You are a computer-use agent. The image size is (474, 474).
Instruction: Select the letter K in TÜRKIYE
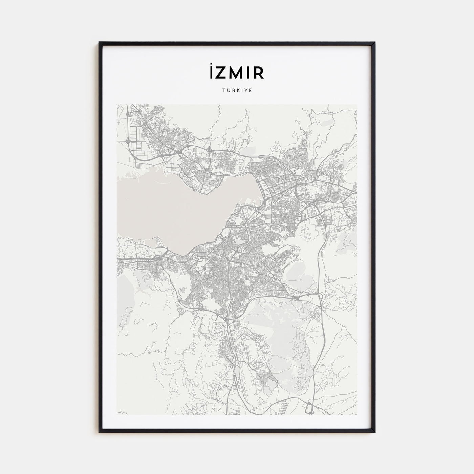(x=238, y=91)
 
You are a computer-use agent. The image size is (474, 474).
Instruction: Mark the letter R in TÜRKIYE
(x=233, y=91)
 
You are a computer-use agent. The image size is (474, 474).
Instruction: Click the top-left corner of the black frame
(x=100, y=42)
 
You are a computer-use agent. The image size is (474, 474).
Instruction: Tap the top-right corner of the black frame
(x=374, y=42)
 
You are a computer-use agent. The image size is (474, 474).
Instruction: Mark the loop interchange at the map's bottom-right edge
(x=309, y=408)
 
